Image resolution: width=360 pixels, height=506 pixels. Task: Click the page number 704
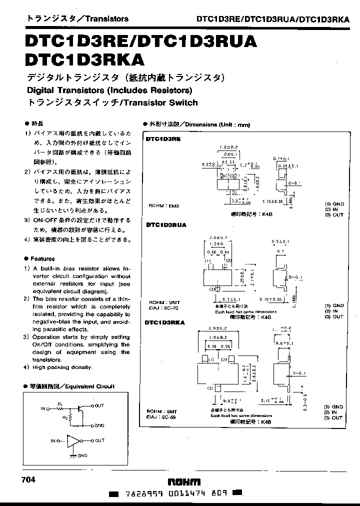[x=29, y=479]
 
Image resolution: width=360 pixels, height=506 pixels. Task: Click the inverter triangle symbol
[x=74, y=440]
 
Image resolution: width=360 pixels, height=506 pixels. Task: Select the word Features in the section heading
[x=42, y=259]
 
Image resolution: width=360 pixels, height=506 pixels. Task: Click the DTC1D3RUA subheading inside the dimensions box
[x=166, y=225]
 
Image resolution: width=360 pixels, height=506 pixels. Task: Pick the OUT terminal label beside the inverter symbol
[x=99, y=440]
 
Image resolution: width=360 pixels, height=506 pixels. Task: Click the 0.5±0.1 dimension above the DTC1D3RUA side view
[x=283, y=241]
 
